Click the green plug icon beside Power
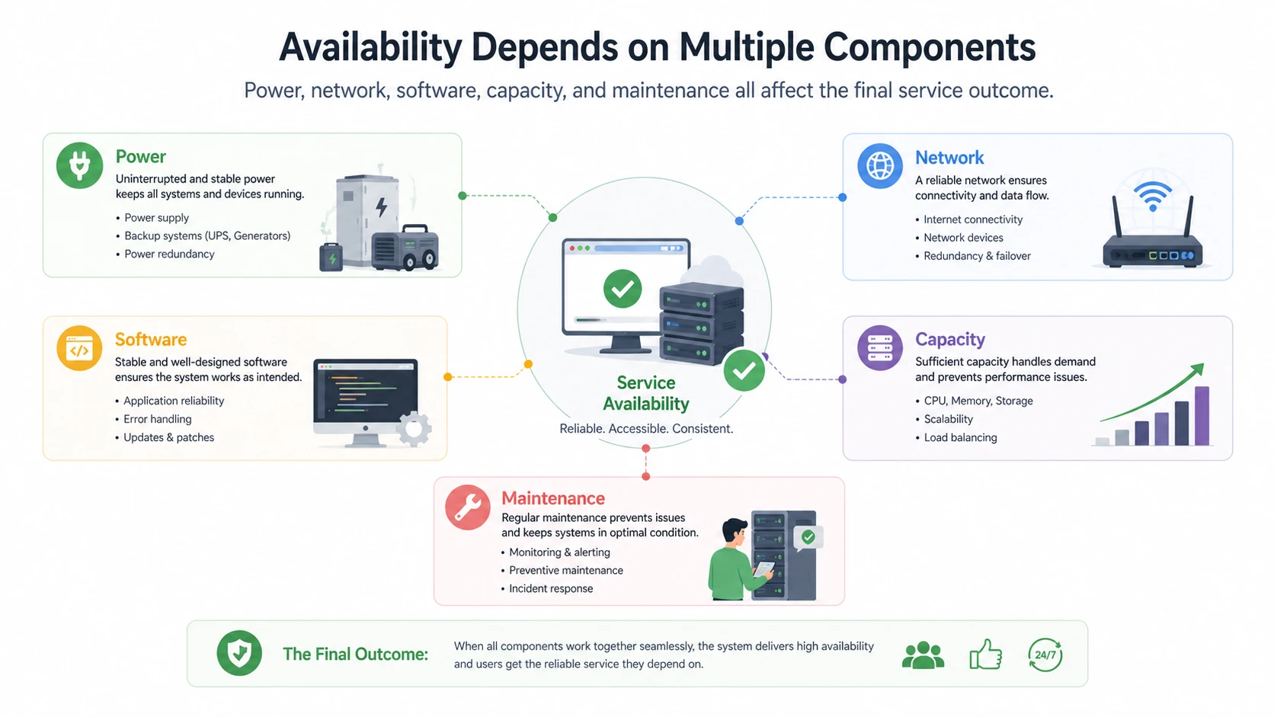pos(79,165)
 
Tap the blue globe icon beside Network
pos(880,165)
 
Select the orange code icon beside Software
pos(79,348)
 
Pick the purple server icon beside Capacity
pos(880,348)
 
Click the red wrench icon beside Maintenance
pos(468,507)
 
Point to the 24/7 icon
pos(1045,655)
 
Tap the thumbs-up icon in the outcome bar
pos(985,655)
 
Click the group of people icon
pos(923,655)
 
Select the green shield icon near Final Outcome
pos(239,654)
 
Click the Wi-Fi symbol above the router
pos(1153,196)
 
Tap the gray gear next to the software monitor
pos(414,429)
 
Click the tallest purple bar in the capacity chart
pos(1202,415)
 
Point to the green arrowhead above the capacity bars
pos(1197,370)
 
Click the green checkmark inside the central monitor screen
pos(623,289)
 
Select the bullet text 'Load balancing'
pos(960,437)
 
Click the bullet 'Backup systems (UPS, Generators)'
pos(207,236)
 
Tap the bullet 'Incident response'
pos(550,589)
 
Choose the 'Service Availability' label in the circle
pos(646,393)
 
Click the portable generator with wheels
pos(405,248)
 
